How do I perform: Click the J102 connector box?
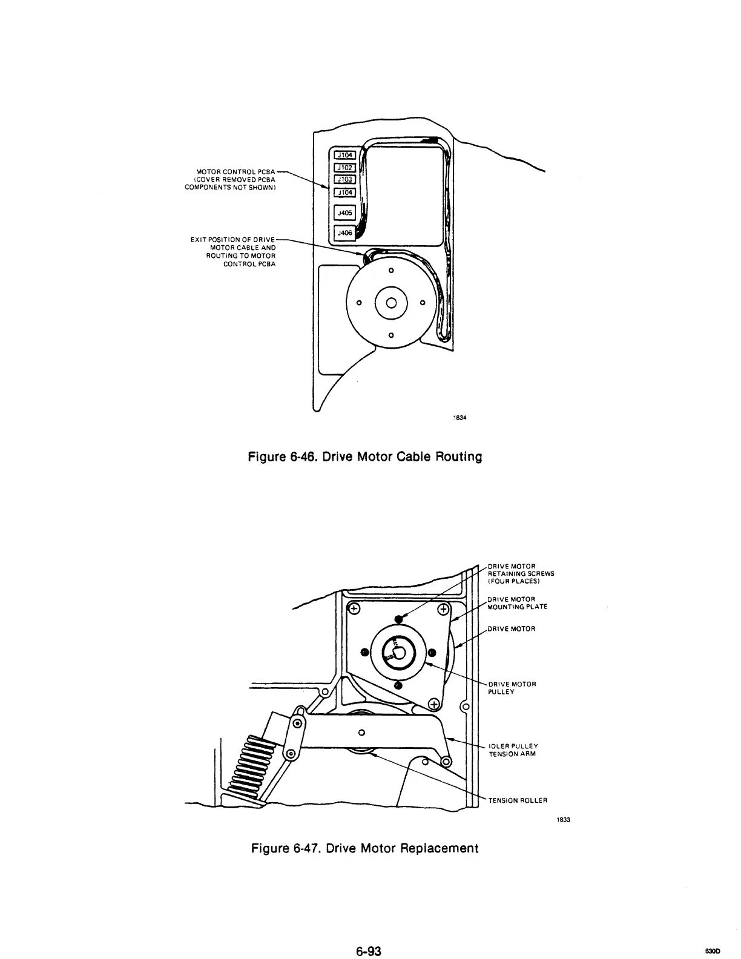tap(343, 168)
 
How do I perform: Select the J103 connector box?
tap(343, 179)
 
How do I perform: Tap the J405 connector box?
tap(344, 213)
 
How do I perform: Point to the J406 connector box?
tap(344, 232)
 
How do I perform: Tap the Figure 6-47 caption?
tap(364, 848)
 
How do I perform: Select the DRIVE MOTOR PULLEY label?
tap(512, 688)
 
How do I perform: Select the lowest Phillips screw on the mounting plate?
tap(434, 703)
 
